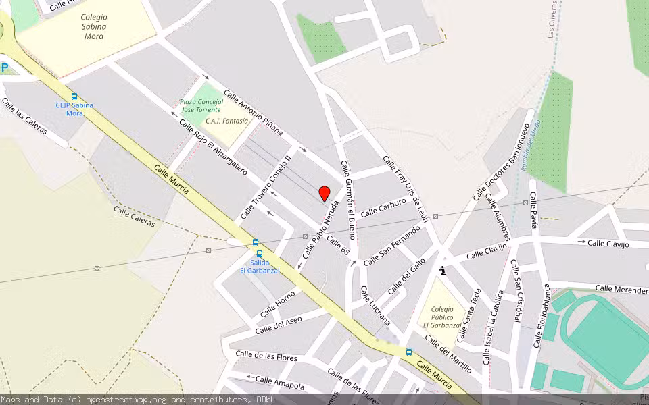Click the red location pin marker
(x=324, y=194)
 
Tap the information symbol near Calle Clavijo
(x=443, y=271)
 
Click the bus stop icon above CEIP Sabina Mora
(x=74, y=97)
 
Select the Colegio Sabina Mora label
(x=94, y=26)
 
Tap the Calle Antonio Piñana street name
(x=254, y=113)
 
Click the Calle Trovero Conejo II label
(x=266, y=186)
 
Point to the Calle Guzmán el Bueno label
(x=348, y=200)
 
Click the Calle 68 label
(x=338, y=245)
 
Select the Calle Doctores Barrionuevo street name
(x=500, y=162)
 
